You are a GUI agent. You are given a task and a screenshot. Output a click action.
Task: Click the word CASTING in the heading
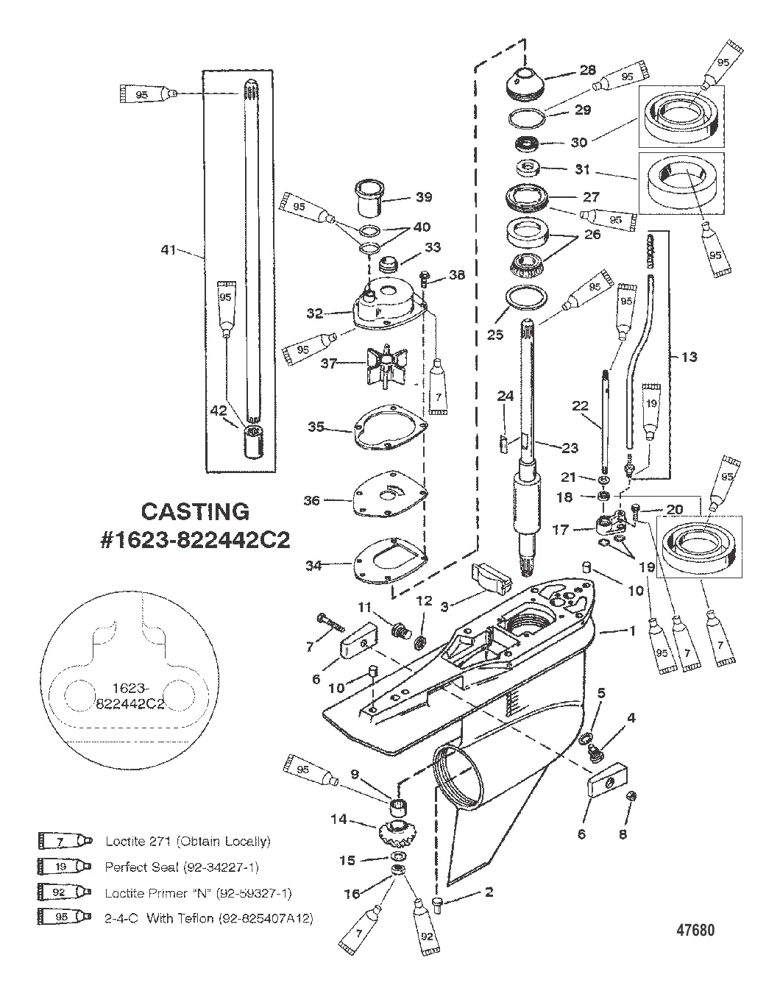[x=195, y=511]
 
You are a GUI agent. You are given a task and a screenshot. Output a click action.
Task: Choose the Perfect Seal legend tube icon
[x=65, y=867]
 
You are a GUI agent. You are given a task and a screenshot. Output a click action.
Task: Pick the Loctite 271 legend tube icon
[x=65, y=840]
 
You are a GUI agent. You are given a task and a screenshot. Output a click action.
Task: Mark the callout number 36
[x=312, y=500]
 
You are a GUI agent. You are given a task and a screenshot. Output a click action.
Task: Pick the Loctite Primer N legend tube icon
[x=65, y=893]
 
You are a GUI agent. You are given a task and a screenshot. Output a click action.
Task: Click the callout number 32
[x=316, y=313]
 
